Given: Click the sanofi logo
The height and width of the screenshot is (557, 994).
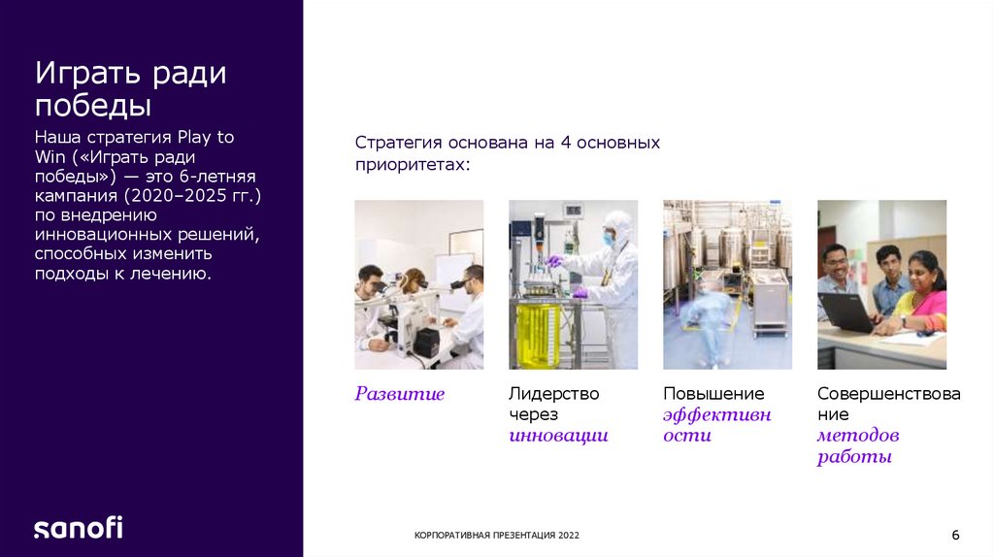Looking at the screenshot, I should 79,528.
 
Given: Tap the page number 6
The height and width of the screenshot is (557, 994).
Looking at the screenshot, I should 955,536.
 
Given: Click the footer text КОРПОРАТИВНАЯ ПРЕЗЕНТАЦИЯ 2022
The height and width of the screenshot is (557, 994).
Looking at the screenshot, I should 497,536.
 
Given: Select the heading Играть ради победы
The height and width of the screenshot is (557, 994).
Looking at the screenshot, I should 130,88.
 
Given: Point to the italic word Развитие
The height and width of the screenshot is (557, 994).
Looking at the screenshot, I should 399,394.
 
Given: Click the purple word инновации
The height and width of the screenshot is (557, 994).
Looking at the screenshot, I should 558,436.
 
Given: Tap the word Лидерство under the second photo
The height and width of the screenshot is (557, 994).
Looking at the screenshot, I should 553,394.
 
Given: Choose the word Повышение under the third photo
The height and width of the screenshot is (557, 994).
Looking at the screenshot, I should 713,394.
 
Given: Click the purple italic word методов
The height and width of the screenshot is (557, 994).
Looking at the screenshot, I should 857,436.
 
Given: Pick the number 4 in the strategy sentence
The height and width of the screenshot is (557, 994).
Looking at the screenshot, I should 563,143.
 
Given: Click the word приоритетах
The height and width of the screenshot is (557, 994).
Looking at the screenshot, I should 412,164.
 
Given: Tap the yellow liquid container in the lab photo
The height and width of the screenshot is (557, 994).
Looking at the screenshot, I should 538,335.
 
